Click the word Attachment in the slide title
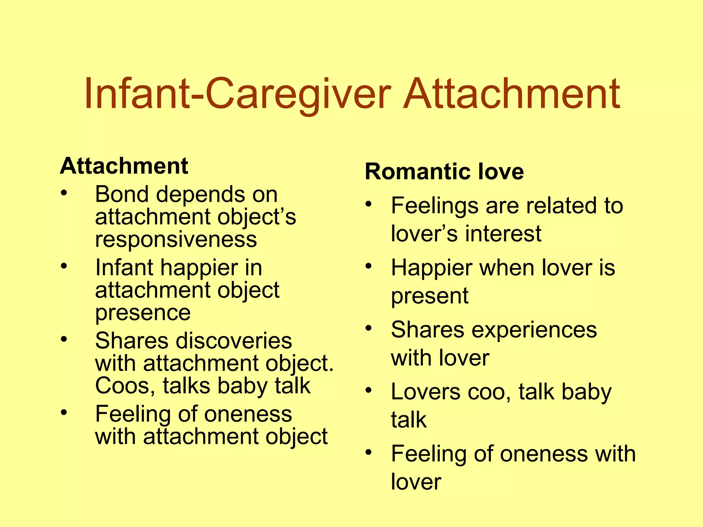pyautogui.click(x=511, y=93)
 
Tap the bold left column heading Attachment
pyautogui.click(x=124, y=166)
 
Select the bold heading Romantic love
pyautogui.click(x=444, y=171)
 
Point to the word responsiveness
pyautogui.click(x=176, y=239)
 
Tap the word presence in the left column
pyautogui.click(x=143, y=313)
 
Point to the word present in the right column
pyautogui.click(x=429, y=296)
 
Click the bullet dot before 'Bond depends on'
pyautogui.click(x=64, y=193)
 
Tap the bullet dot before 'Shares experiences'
pyautogui.click(x=369, y=328)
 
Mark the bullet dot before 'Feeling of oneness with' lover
pyautogui.click(x=369, y=452)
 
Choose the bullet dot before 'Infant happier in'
pyautogui.click(x=64, y=266)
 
